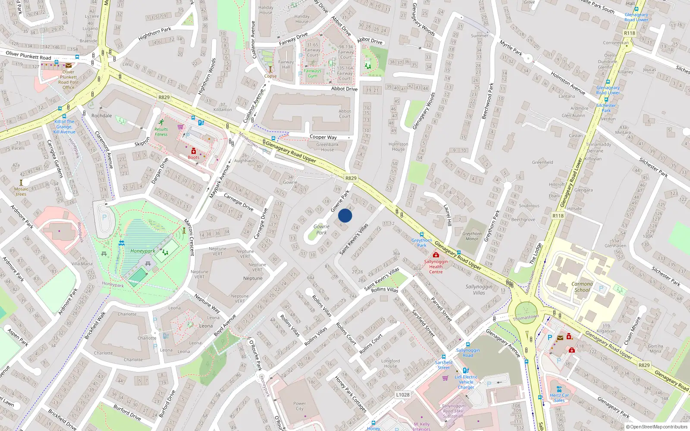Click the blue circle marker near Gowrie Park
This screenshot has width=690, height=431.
point(345,215)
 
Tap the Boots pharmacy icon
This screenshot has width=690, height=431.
point(194,151)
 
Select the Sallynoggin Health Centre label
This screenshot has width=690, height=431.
point(436,266)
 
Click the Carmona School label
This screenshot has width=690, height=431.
point(582,287)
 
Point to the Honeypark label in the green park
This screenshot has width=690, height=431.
point(143,251)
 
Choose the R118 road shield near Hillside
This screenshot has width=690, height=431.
point(558,215)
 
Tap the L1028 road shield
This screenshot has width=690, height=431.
point(403,394)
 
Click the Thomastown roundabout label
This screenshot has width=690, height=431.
point(526,318)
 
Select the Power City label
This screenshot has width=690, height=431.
point(299,406)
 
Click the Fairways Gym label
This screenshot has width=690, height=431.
point(312,73)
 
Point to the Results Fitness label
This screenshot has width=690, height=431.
point(161,131)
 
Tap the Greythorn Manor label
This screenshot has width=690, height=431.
point(472,236)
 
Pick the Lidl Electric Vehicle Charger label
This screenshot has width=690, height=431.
point(466,382)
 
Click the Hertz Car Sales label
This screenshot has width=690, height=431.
point(559,397)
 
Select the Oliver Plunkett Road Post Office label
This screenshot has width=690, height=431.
point(68,79)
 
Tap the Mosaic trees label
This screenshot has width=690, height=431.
point(21,191)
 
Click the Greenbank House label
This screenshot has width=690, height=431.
point(327,147)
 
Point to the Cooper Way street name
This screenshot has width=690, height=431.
point(323,137)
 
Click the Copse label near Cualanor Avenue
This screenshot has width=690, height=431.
point(270,76)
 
